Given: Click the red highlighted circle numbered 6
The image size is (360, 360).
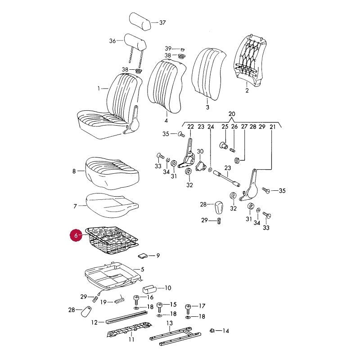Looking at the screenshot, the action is (76, 235).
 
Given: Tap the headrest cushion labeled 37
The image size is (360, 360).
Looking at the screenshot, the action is (140, 22).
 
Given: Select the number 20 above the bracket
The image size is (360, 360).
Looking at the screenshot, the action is (232, 114).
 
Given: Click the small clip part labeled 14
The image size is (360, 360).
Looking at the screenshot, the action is (212, 331).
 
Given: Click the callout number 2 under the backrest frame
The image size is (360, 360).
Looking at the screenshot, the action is (247, 90).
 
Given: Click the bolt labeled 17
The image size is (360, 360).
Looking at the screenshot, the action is (188, 309).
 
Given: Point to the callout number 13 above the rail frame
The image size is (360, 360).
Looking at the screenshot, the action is (170, 323).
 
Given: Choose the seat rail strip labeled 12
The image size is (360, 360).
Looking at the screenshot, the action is (126, 318).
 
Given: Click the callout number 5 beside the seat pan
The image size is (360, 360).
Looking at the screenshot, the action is (142, 269).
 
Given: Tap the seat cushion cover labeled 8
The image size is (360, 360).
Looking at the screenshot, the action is (112, 173).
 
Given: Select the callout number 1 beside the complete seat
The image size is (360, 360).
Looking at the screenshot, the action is (99, 88).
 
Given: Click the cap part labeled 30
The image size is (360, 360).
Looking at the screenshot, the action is (200, 165).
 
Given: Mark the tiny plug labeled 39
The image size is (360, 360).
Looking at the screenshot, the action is (183, 49).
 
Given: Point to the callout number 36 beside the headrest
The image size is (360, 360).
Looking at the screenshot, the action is (112, 41).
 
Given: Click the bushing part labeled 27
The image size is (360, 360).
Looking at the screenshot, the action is (237, 160).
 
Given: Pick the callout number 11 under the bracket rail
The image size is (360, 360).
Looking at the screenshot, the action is (131, 340).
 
